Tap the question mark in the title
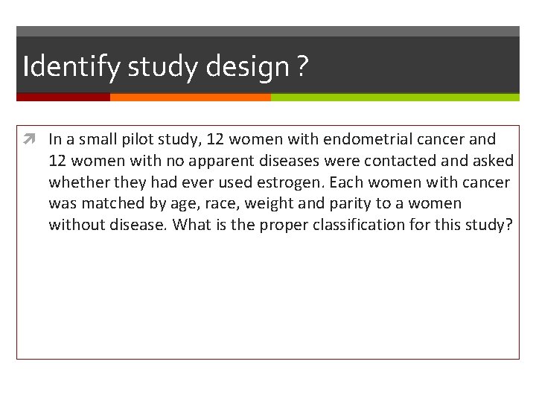[x=301, y=67]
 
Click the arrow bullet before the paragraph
[x=36, y=139]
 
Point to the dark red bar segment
[x=63, y=97]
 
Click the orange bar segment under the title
[x=190, y=97]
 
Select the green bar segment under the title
[x=395, y=97]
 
